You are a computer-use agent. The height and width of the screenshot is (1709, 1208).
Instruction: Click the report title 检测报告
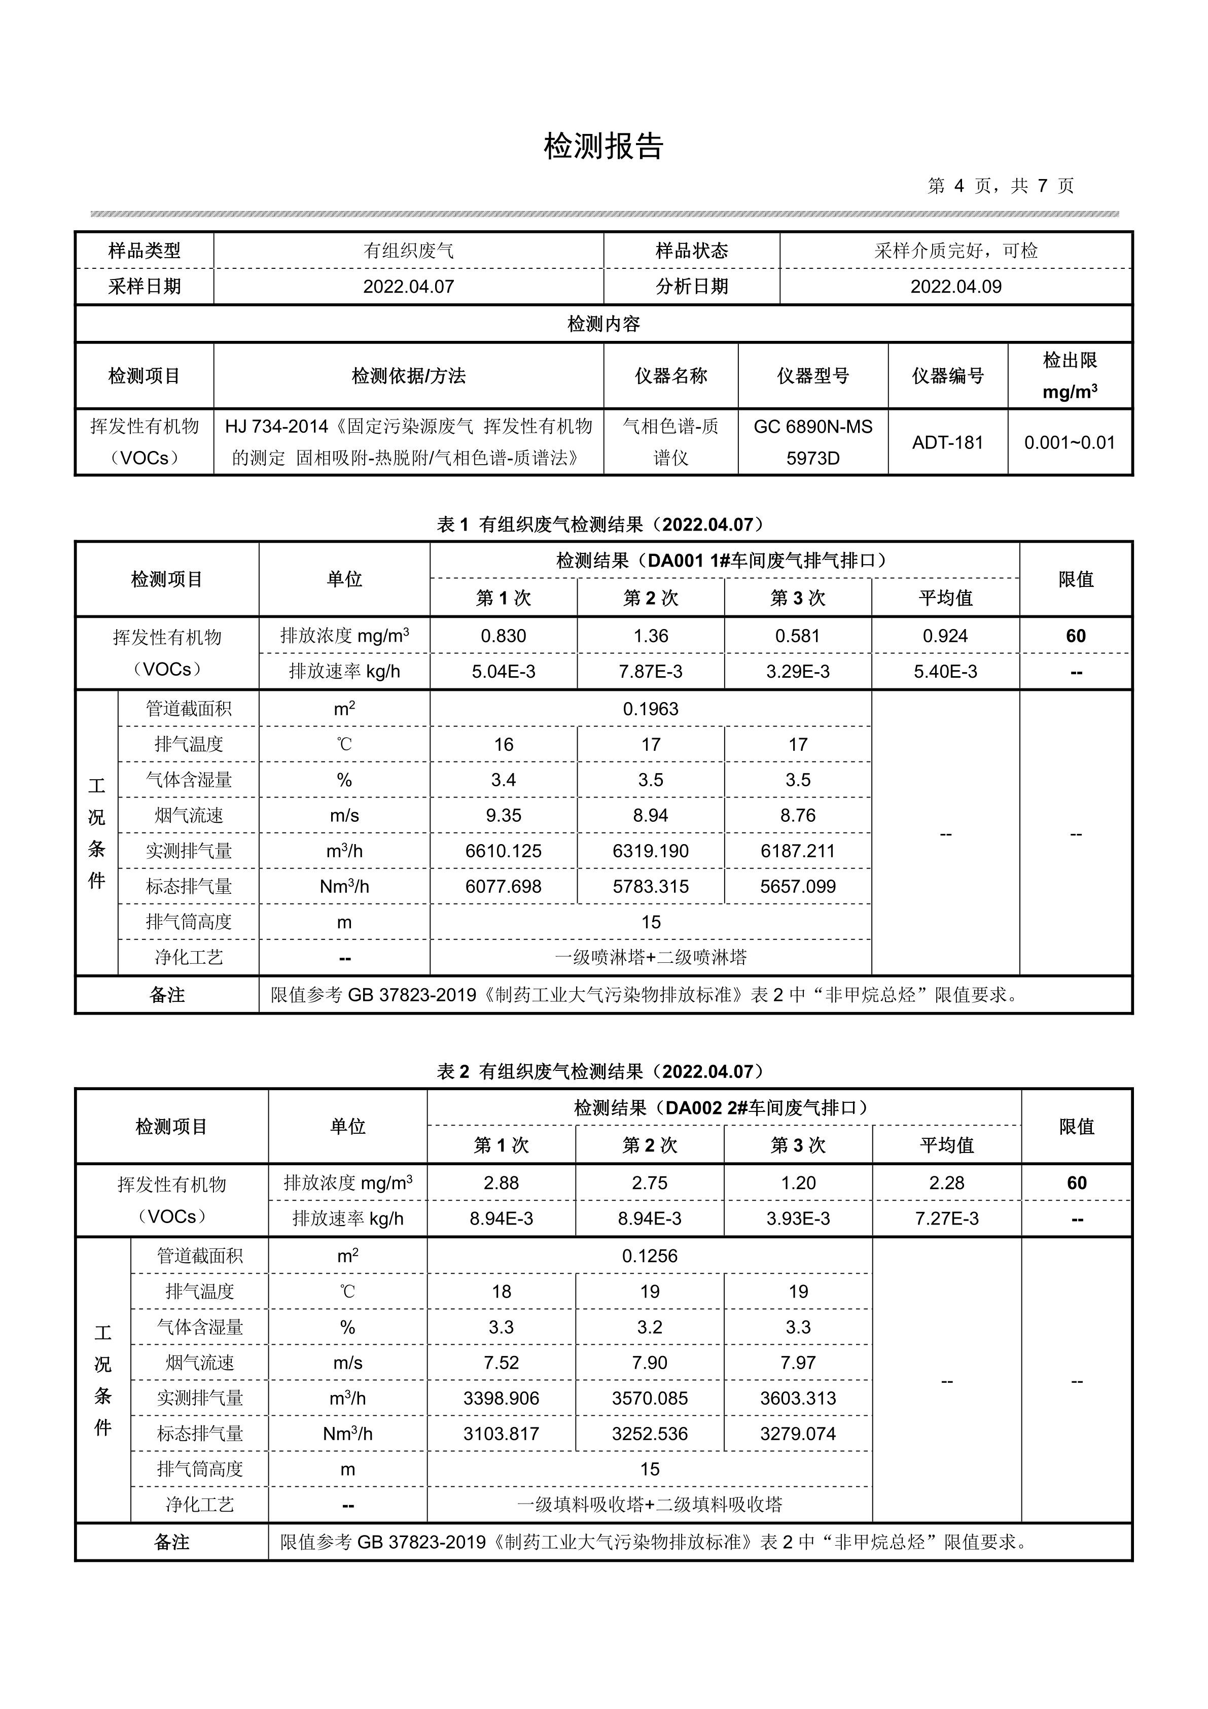tap(603, 147)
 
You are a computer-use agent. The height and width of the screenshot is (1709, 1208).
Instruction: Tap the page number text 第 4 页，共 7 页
tap(1001, 186)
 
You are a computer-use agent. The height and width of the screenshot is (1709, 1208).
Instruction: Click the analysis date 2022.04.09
tap(955, 287)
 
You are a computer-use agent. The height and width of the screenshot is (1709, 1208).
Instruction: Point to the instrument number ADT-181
tap(947, 442)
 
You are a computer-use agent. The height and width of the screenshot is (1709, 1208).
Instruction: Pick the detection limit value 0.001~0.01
tap(1070, 443)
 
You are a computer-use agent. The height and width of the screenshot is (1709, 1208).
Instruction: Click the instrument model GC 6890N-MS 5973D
tap(813, 442)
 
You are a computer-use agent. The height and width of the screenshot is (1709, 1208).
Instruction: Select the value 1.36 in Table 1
tap(651, 636)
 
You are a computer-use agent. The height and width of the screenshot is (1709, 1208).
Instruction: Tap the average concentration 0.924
tap(945, 636)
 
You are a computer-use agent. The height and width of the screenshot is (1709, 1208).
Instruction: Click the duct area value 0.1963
tap(651, 709)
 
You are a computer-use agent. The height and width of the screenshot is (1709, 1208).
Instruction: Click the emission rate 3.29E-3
tap(798, 672)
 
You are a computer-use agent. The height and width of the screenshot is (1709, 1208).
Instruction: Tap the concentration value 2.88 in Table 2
tap(501, 1183)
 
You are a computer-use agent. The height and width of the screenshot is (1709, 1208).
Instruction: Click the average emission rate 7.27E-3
tap(947, 1218)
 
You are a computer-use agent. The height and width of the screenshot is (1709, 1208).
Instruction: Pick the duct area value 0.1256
tap(650, 1255)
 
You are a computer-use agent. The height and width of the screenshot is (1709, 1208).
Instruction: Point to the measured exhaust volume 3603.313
tap(798, 1398)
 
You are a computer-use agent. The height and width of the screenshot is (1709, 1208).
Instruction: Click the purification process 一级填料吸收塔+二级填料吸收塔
tap(650, 1504)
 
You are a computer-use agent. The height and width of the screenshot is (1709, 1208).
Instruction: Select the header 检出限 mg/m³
tap(1070, 376)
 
